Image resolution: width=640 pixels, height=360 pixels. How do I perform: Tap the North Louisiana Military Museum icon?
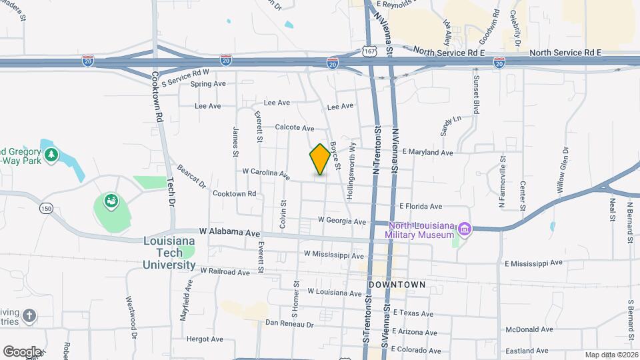(x=465, y=230)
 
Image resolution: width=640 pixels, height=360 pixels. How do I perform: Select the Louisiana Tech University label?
(x=169, y=253)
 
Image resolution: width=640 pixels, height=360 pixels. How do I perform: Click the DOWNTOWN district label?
(x=397, y=285)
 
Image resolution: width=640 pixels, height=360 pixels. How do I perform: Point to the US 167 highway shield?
(x=369, y=51)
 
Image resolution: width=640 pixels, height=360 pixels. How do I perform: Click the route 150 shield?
(x=45, y=208)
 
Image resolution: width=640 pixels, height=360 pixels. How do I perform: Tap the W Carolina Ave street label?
(x=266, y=173)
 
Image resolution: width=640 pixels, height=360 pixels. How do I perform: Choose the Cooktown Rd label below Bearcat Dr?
(x=234, y=193)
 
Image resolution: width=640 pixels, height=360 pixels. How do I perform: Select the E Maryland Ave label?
(x=427, y=153)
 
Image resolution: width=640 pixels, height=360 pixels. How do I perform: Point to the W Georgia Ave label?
(x=342, y=221)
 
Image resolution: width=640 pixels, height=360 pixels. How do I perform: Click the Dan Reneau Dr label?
(x=289, y=324)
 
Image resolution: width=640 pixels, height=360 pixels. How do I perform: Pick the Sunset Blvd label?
(x=476, y=95)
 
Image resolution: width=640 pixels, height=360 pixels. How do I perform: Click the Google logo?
(x=22, y=351)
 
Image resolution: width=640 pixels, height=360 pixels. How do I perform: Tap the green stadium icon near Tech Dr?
(x=111, y=200)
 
